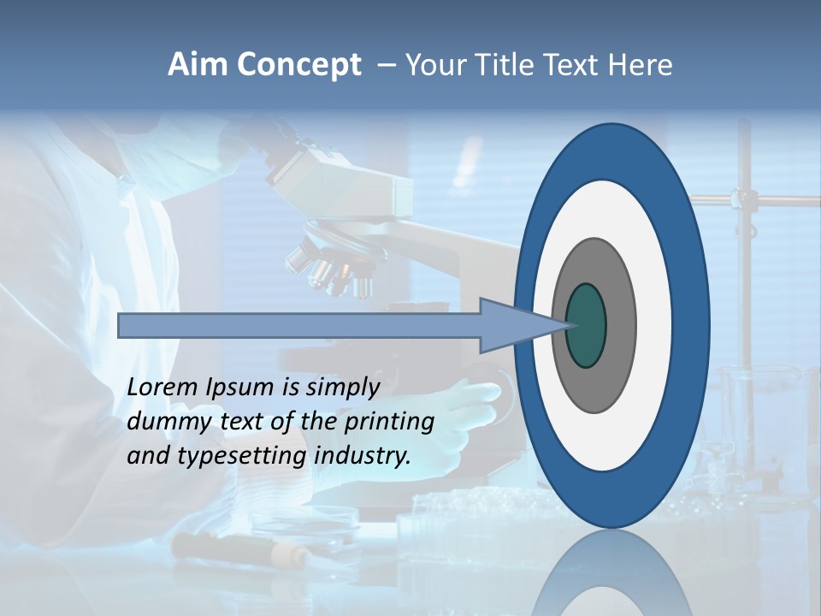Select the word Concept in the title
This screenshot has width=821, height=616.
298,66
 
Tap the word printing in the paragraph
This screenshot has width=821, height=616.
388,423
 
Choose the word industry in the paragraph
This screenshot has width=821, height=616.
362,456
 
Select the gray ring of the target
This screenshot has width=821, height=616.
621,325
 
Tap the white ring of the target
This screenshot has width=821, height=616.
653,325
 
